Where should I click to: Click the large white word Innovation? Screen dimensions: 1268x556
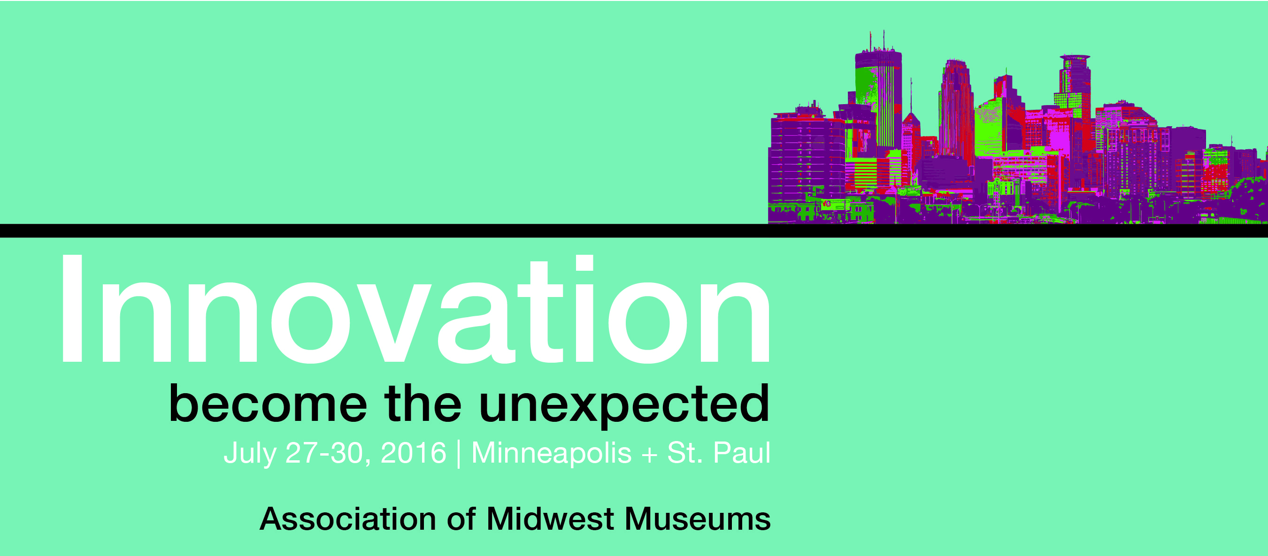tap(415, 310)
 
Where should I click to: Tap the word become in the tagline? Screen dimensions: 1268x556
tap(268, 404)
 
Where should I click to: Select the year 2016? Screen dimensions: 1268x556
tap(414, 453)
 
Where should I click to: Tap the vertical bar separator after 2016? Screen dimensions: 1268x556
tap(459, 454)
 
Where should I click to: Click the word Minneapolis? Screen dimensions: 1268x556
tap(551, 454)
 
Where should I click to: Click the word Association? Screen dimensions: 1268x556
tap(347, 519)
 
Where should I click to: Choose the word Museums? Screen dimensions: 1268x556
tap(698, 519)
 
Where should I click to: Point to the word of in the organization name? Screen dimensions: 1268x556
tap(461, 519)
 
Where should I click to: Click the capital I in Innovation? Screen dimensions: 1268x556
tap(72, 309)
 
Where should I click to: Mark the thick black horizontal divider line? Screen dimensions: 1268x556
tap(634, 231)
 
